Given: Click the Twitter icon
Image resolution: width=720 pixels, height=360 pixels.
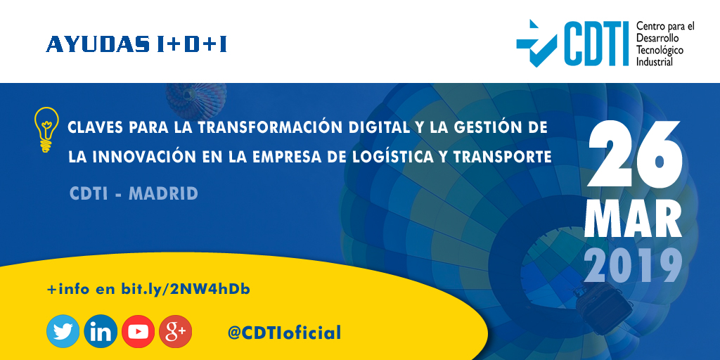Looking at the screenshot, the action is [63, 331].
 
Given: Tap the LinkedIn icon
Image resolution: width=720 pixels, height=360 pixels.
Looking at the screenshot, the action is [101, 331].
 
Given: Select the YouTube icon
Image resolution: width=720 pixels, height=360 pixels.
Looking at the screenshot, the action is [139, 331].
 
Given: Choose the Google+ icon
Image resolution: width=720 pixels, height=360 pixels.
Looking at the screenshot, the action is [175, 331].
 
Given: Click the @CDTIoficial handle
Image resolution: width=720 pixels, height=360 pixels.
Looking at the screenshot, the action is [284, 333].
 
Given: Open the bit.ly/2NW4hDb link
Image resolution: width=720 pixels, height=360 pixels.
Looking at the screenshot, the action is [186, 290].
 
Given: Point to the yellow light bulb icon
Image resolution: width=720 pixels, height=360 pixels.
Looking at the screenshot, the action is [46, 129].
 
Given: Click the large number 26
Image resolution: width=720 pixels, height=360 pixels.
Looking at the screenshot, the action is [635, 154].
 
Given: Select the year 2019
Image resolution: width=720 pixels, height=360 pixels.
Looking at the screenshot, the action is [634, 265].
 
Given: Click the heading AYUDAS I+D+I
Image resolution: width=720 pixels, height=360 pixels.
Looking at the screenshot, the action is [136, 44].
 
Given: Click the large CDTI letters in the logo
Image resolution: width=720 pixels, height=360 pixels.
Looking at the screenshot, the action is [596, 44].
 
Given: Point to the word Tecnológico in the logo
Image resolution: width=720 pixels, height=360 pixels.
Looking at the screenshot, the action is [660, 50].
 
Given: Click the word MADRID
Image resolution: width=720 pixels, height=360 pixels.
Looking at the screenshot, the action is [163, 193].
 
